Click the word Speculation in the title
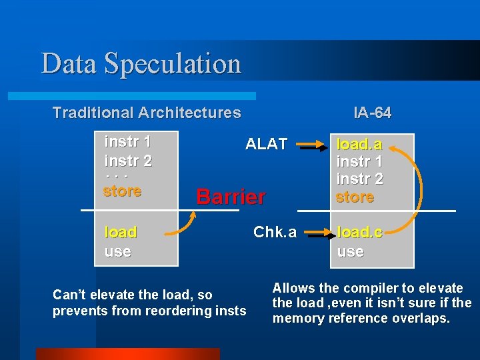pyautogui.click(x=173, y=63)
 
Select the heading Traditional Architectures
pyautogui.click(x=147, y=113)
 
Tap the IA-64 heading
pyautogui.click(x=373, y=113)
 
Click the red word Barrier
pyautogui.click(x=231, y=197)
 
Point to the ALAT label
pyautogui.click(x=266, y=143)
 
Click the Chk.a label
pyautogui.click(x=275, y=232)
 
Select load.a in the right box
pyautogui.click(x=359, y=144)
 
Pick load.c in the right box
pyautogui.click(x=359, y=233)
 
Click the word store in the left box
pyautogui.click(x=123, y=191)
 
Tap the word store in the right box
pyautogui.click(x=355, y=197)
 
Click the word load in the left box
pyautogui.click(x=121, y=232)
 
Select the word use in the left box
pyautogui.click(x=117, y=251)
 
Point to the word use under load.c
pyautogui.click(x=350, y=251)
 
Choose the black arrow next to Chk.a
pyautogui.click(x=315, y=233)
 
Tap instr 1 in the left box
pyautogui.click(x=127, y=141)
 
